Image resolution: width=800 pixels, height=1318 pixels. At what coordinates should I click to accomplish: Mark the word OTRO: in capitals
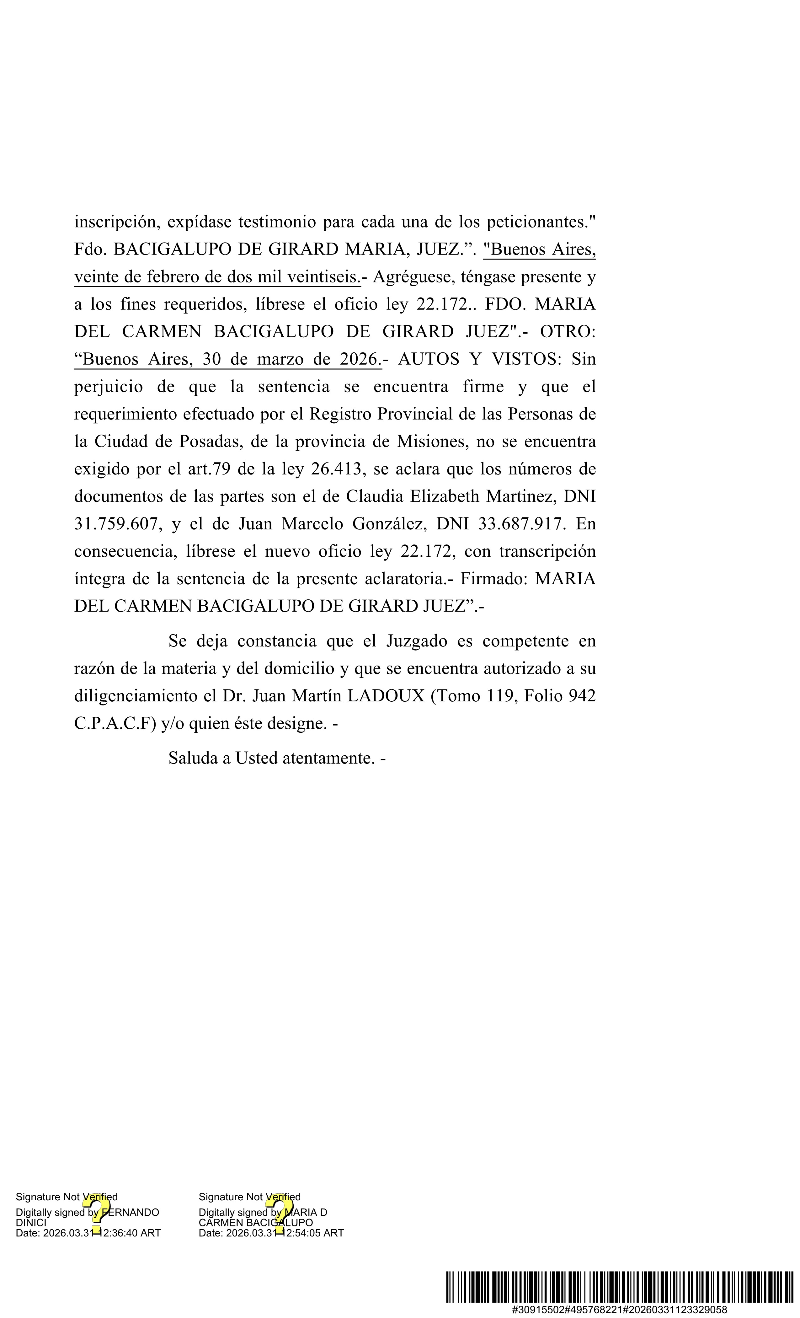568,332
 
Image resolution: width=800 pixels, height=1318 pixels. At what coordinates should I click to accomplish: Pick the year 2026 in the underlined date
359,359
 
